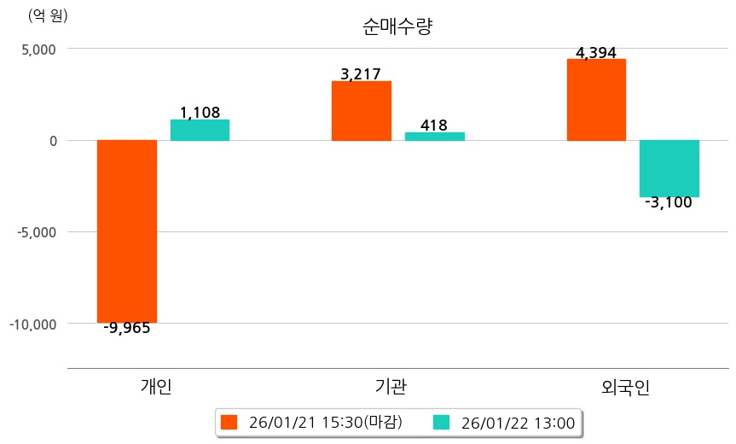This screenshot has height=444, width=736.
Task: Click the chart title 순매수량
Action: [397, 26]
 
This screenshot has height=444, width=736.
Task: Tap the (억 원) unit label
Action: [48, 15]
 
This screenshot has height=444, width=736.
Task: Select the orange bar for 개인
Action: [127, 231]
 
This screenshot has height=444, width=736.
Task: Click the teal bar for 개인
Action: [200, 130]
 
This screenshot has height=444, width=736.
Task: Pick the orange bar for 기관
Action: [362, 111]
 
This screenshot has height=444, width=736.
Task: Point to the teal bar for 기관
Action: [434, 137]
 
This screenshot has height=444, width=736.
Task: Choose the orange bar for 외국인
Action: [596, 99]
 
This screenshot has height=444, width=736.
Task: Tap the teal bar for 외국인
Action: [669, 168]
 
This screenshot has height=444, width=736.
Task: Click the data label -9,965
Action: [127, 328]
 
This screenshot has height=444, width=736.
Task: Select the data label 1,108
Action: [200, 112]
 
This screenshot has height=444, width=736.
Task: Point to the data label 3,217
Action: [360, 74]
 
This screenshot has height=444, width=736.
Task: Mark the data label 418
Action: [434, 126]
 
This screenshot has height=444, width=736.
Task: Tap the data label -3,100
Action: [669, 203]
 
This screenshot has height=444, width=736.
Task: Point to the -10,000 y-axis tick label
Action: [33, 324]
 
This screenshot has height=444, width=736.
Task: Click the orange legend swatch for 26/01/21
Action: [228, 422]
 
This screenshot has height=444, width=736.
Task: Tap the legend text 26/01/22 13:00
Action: [517, 422]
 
